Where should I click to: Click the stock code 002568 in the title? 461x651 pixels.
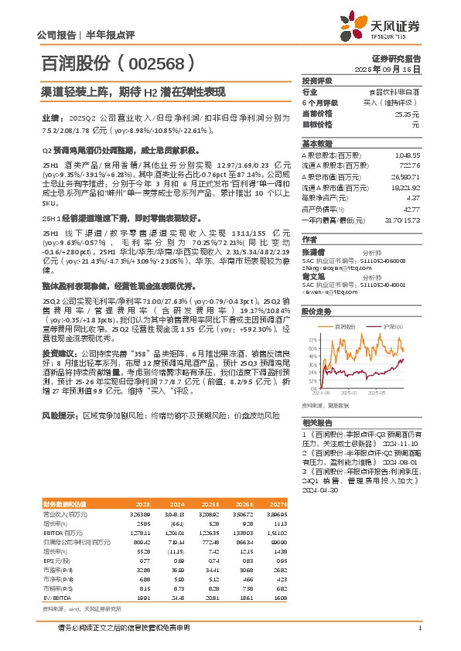(153, 61)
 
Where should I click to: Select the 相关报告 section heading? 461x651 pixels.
(317, 423)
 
